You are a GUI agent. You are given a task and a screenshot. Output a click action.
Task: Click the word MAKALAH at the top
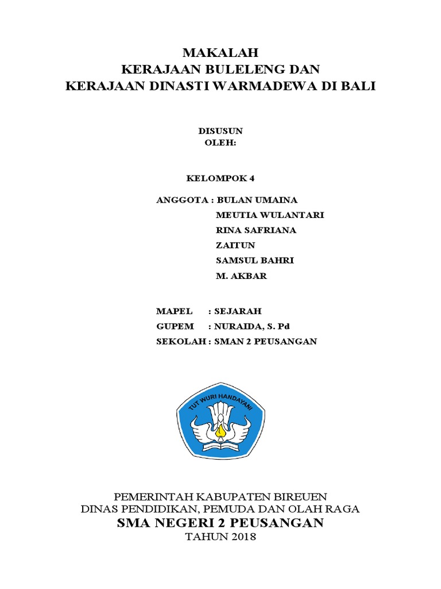point(220,53)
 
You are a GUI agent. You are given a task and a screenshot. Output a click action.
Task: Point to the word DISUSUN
point(220,131)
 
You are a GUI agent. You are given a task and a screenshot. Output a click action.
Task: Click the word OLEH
point(219,143)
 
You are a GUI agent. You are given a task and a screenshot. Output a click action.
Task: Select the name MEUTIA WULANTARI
point(270,215)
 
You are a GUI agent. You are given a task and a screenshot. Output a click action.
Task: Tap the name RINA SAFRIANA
point(256,230)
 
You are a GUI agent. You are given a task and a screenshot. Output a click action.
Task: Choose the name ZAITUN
point(235,246)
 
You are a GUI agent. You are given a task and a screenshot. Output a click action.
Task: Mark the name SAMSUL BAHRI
point(254,261)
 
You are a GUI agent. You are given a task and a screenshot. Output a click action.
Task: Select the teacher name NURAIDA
point(238,326)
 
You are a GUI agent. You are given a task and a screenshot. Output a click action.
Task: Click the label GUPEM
point(175,326)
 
